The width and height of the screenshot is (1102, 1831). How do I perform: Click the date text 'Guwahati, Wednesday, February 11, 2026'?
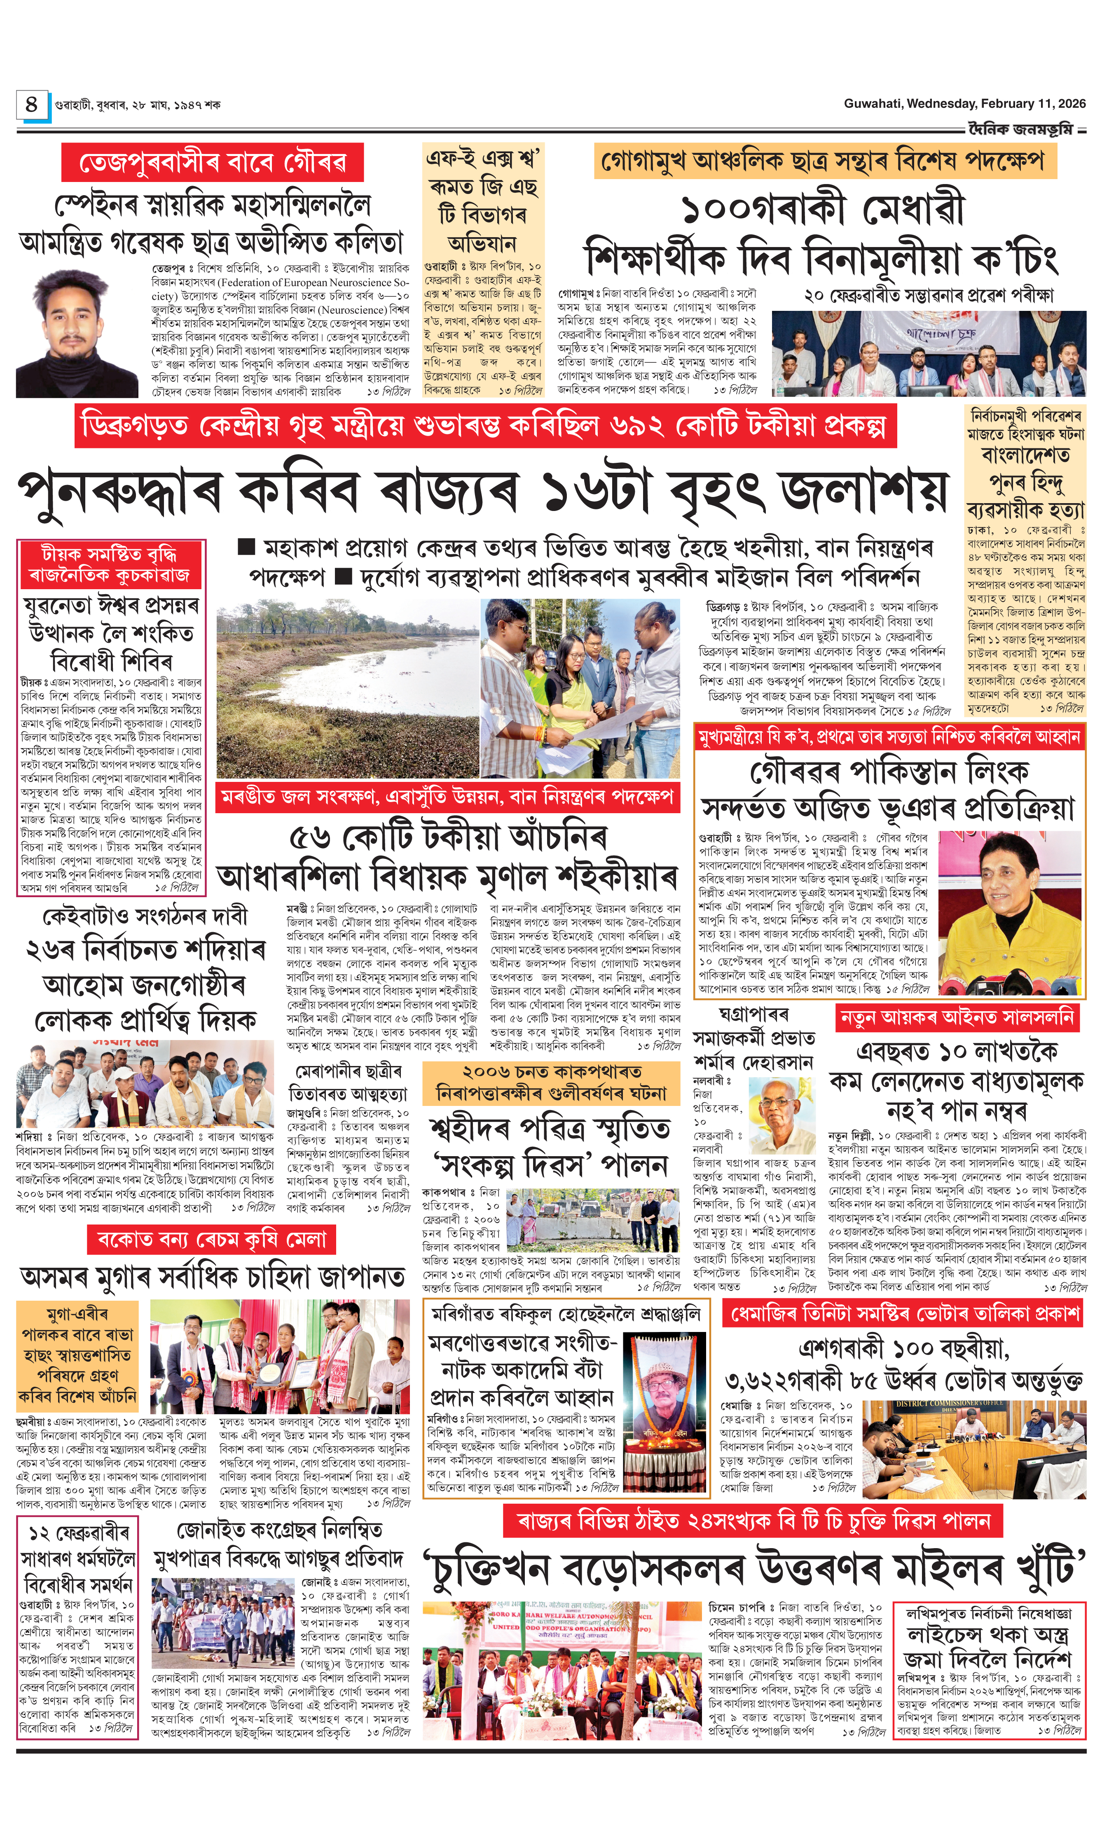[964, 104]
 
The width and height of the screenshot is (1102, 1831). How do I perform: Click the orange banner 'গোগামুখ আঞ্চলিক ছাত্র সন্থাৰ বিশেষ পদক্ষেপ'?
[824, 160]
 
